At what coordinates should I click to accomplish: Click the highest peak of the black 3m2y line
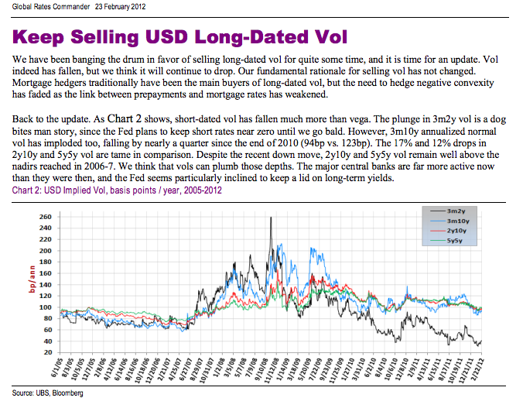[270, 218]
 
